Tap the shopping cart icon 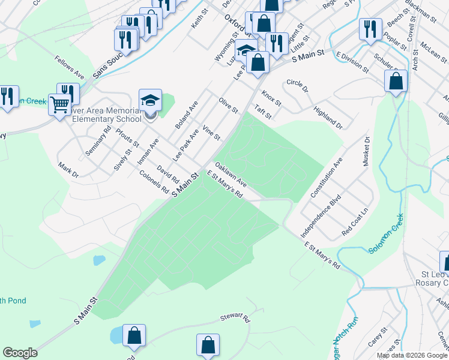pos(59,106)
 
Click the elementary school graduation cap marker pos(150,100)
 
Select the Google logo pos(20,353)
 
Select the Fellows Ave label pos(69,67)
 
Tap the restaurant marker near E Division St pos(370,29)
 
